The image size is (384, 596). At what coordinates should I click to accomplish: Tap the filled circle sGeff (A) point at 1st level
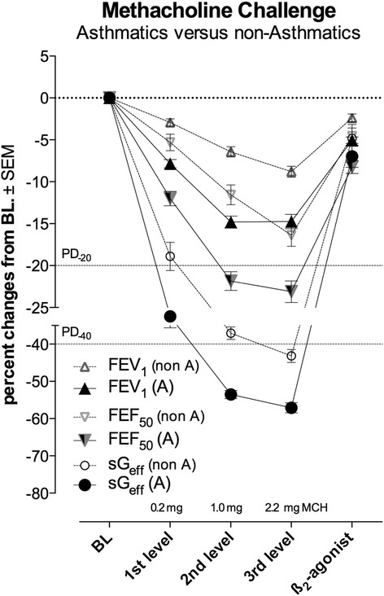pyautogui.click(x=170, y=316)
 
